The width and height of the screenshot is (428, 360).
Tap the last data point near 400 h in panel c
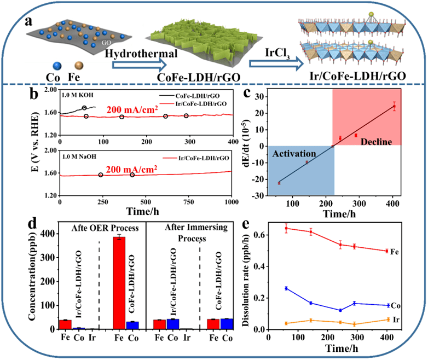click(x=394, y=107)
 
